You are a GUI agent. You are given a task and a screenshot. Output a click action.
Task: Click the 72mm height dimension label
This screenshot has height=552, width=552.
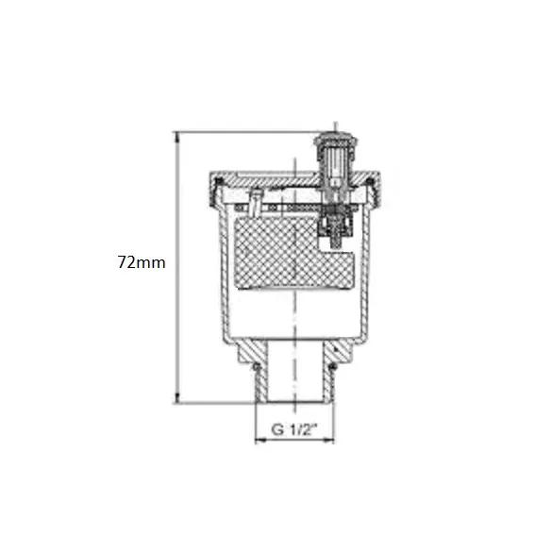(142, 262)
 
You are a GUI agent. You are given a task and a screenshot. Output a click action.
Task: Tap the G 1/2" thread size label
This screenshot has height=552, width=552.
(294, 429)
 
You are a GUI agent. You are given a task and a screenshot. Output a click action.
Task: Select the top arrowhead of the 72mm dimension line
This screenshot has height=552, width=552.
(177, 138)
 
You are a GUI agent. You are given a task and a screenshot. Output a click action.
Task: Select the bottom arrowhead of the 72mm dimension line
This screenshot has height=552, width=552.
(177, 398)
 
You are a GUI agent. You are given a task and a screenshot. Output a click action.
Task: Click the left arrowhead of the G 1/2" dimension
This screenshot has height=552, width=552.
(260, 440)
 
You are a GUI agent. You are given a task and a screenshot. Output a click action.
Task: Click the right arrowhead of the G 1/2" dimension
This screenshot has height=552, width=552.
(328, 440)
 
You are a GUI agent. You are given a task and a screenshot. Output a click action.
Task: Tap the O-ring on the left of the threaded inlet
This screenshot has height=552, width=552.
(257, 367)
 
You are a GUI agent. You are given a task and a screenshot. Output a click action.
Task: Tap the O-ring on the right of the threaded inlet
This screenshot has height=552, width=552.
(332, 367)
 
